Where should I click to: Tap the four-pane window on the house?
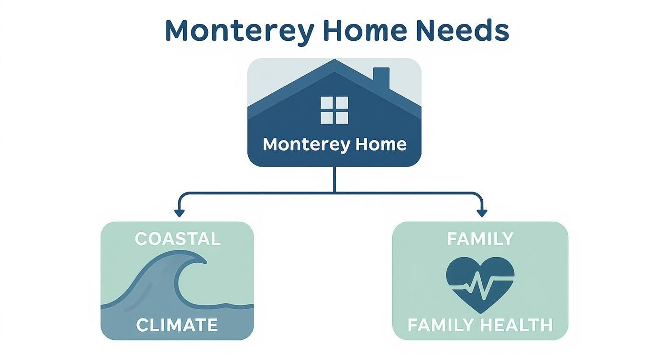tap(334, 110)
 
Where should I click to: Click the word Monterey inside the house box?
tap(298, 145)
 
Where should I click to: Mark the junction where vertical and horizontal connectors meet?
tap(334, 192)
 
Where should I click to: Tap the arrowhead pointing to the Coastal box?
tap(179, 213)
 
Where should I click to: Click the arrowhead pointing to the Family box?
tap(482, 213)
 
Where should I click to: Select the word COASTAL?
tap(178, 239)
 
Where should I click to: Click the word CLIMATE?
tap(177, 325)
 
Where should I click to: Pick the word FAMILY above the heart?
tap(480, 239)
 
